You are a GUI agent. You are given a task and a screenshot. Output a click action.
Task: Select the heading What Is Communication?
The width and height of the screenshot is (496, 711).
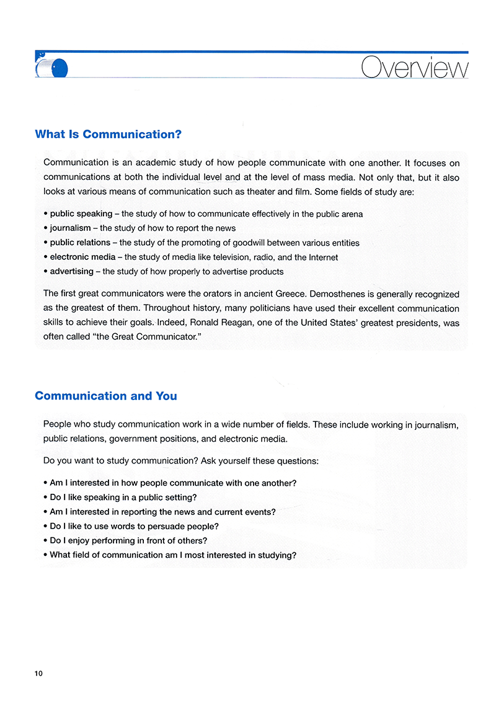point(108,134)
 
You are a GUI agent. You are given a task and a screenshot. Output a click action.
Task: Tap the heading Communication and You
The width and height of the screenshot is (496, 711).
point(106,396)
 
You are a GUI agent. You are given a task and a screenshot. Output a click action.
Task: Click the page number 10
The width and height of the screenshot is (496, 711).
point(39,674)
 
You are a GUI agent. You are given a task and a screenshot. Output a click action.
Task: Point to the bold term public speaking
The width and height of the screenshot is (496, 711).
point(81,214)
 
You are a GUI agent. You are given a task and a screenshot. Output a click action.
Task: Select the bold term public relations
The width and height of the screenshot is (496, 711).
point(80,243)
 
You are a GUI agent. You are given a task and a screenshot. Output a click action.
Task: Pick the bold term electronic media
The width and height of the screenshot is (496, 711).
point(82,257)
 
